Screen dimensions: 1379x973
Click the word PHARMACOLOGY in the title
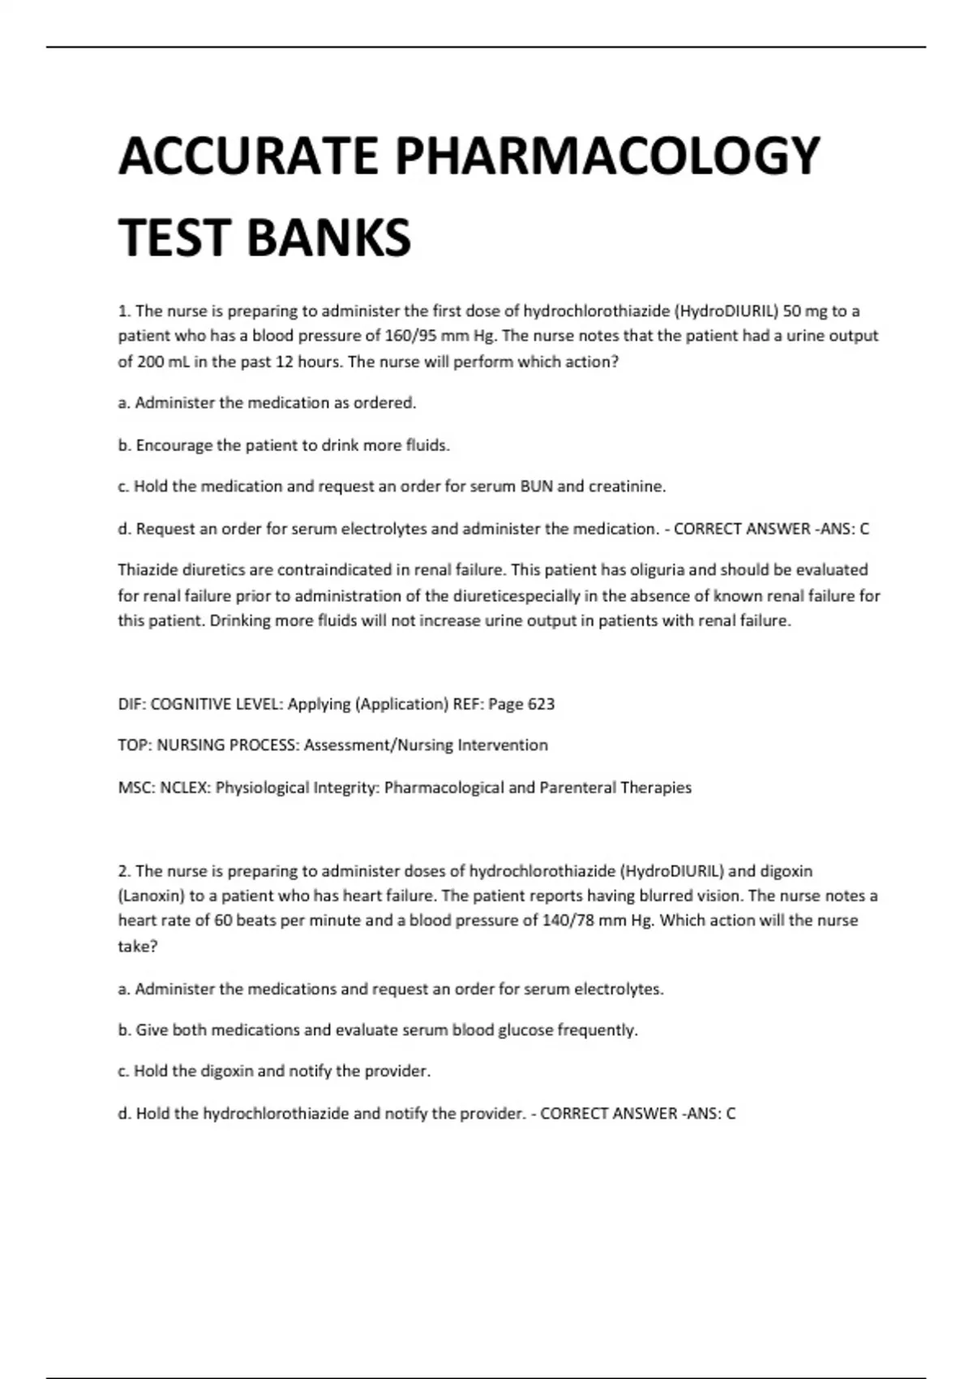(x=607, y=156)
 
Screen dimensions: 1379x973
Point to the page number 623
(x=541, y=704)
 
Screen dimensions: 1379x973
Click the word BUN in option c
(x=536, y=487)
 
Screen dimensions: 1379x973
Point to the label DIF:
(x=132, y=704)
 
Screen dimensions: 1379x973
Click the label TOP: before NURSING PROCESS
(x=135, y=745)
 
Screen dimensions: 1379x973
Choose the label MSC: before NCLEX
(x=136, y=788)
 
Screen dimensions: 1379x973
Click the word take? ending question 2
(x=138, y=947)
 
